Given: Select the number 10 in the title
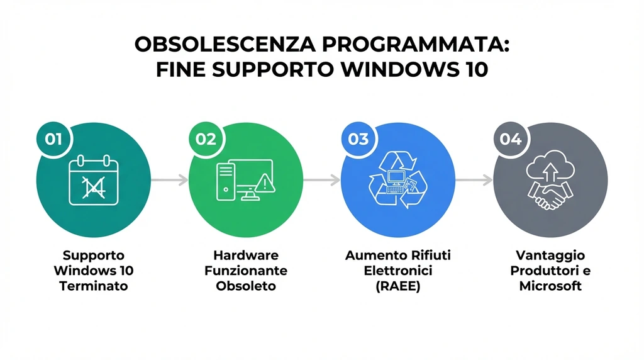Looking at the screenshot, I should click(x=474, y=69).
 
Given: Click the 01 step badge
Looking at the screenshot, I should click(x=53, y=138).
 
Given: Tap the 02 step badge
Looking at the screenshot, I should click(x=206, y=138).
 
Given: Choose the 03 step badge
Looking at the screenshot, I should click(x=358, y=138).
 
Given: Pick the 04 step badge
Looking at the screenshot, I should click(x=510, y=138).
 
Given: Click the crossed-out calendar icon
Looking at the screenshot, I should click(x=94, y=181).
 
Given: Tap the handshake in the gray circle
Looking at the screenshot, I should click(x=550, y=194).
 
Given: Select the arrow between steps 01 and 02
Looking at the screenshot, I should click(x=169, y=180).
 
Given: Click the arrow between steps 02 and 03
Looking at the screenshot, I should click(x=321, y=180).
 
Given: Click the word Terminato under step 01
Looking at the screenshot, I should click(x=94, y=286).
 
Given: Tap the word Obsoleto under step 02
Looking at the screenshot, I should click(x=246, y=286).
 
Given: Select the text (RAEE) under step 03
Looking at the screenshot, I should click(x=397, y=286).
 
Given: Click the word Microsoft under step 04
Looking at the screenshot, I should click(x=550, y=286).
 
